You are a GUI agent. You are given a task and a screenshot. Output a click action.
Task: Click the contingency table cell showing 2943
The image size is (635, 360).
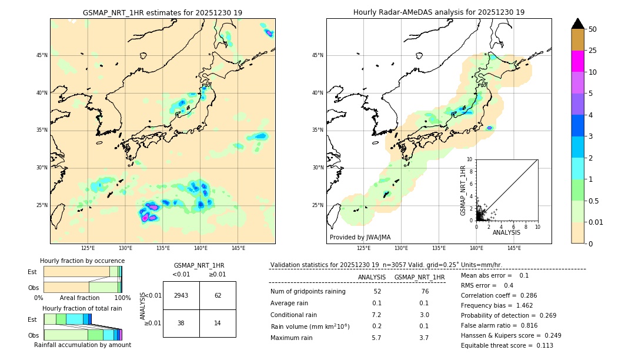[181, 295]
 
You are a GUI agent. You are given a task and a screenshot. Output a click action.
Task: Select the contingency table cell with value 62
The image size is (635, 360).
[218, 295]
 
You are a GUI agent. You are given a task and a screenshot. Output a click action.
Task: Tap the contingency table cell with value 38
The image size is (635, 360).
[181, 323]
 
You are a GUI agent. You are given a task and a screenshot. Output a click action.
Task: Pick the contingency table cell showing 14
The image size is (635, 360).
[218, 323]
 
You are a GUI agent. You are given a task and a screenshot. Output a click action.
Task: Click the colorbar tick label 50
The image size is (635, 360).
[593, 29]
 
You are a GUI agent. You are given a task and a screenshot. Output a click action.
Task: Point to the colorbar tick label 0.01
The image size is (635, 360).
[596, 222]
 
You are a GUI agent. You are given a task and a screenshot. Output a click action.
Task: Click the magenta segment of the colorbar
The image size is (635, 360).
[577, 61]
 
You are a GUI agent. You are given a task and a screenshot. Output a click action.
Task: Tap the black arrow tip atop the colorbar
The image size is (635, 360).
[577, 22]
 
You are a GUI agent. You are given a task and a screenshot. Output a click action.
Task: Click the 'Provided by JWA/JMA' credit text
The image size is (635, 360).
[360, 237]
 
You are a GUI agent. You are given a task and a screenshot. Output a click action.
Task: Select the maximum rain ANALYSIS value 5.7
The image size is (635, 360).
[377, 338]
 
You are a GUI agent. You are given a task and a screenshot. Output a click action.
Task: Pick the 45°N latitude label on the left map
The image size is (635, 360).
[42, 55]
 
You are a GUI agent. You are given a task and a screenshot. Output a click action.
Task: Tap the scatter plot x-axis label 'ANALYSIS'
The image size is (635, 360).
[506, 232]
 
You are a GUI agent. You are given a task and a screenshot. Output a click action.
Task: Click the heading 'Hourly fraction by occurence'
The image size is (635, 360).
[82, 261]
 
